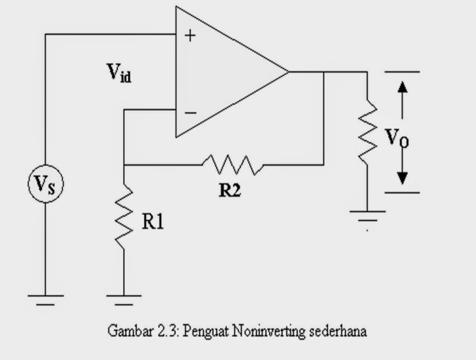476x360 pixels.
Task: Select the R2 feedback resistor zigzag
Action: (x=233, y=165)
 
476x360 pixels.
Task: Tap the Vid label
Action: (x=119, y=73)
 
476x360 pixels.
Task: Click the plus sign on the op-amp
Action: (x=190, y=36)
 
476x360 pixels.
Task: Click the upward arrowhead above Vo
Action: (x=402, y=87)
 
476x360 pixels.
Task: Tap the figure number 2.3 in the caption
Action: (x=166, y=331)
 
